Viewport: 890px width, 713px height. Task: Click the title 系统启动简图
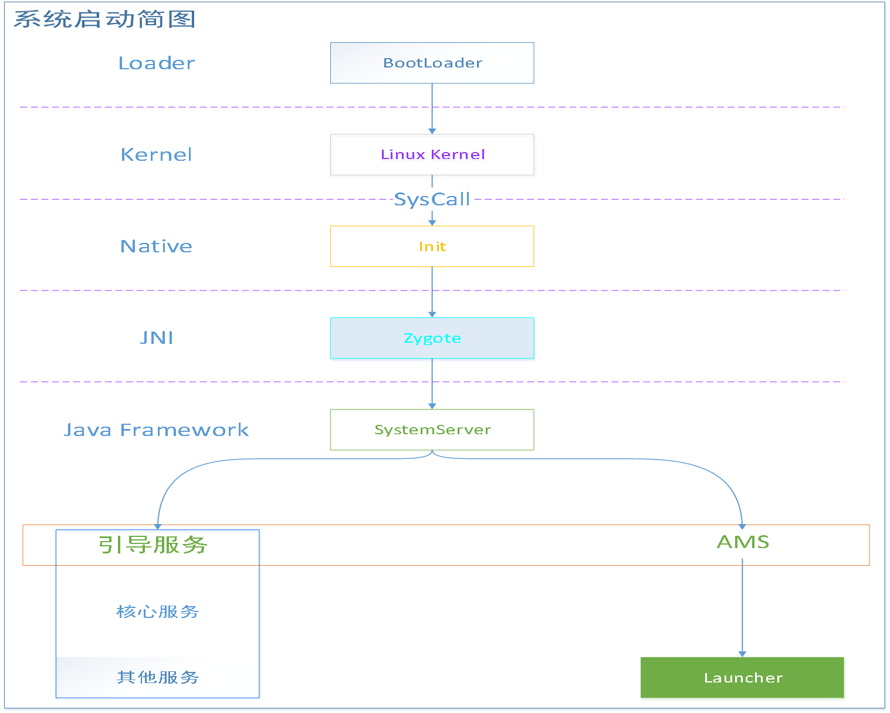click(x=104, y=19)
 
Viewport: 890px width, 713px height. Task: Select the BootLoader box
click(x=432, y=63)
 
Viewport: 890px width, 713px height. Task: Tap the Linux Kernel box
click(x=432, y=154)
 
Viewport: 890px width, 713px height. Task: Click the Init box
click(x=432, y=246)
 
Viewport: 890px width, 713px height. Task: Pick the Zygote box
click(x=432, y=338)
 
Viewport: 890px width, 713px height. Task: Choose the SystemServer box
click(x=432, y=430)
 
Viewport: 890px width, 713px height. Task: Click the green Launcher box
click(x=742, y=678)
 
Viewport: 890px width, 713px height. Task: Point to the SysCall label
click(x=432, y=200)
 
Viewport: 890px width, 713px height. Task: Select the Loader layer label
click(x=156, y=63)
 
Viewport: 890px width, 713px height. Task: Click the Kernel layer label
click(x=156, y=154)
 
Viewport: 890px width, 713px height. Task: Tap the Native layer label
click(x=156, y=246)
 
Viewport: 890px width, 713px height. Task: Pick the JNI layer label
click(x=156, y=337)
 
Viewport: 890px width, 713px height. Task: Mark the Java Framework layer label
click(x=156, y=430)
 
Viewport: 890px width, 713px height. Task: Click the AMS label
click(x=743, y=542)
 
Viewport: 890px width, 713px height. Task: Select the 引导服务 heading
click(x=153, y=545)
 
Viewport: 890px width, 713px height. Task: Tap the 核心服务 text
click(x=158, y=611)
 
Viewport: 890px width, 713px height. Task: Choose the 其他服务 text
click(x=158, y=677)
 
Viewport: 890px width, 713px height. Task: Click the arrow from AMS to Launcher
click(x=742, y=607)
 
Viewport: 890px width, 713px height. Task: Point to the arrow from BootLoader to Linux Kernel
click(x=432, y=109)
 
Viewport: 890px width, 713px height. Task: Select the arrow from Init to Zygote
click(x=432, y=292)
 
